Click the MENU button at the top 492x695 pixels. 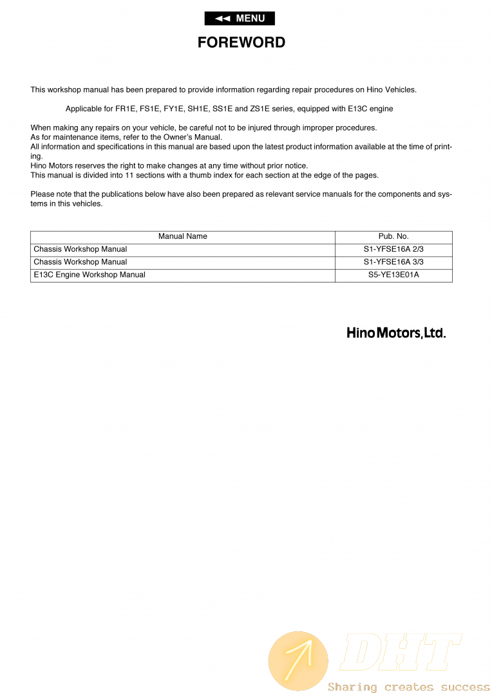click(240, 19)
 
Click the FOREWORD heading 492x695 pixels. click(241, 42)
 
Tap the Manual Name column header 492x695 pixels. click(183, 237)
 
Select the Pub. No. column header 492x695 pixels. click(393, 237)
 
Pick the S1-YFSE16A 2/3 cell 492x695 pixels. click(393, 250)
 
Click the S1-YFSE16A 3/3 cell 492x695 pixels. click(393, 263)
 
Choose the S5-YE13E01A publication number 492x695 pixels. click(393, 275)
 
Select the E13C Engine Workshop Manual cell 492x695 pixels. click(90, 275)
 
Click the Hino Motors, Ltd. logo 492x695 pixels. click(396, 333)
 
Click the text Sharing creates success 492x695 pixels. click(408, 687)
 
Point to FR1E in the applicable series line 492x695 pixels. click(126, 109)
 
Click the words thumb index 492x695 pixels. click(198, 176)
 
